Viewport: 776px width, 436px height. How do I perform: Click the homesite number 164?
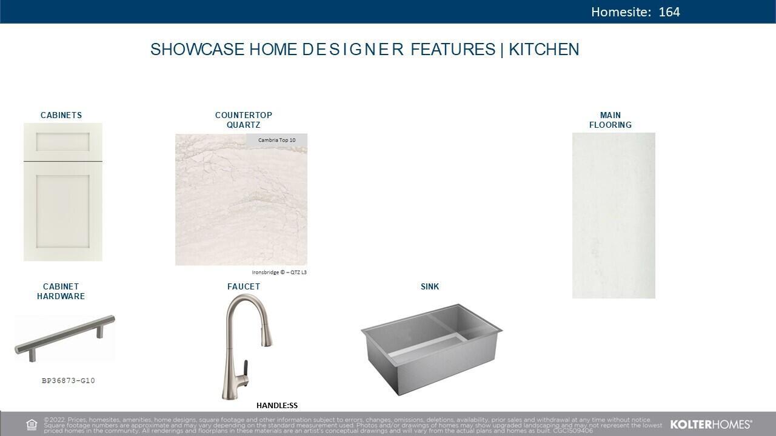pos(669,12)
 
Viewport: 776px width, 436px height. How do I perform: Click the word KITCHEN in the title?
pos(544,50)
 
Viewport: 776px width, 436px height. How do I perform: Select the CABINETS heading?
pos(61,115)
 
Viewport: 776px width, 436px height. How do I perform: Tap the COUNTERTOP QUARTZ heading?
pos(244,120)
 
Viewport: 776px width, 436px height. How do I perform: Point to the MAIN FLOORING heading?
pos(610,120)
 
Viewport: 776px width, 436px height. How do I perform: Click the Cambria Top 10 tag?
pos(276,140)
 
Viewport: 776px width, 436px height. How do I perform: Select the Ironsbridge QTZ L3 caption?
pos(279,272)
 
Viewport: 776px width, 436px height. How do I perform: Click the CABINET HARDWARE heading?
pos(61,291)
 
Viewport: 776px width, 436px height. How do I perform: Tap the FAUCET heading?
pos(244,286)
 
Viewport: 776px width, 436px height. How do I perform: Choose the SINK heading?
pos(430,286)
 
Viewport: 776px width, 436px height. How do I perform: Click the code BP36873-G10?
pos(69,381)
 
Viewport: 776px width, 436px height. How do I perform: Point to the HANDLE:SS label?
pos(277,406)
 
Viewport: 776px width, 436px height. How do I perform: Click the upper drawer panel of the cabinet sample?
pos(62,142)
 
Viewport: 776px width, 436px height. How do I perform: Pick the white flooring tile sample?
pos(614,215)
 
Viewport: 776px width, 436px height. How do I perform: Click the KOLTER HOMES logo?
pos(711,424)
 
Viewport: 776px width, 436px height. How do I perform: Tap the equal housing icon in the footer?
pos(32,424)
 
